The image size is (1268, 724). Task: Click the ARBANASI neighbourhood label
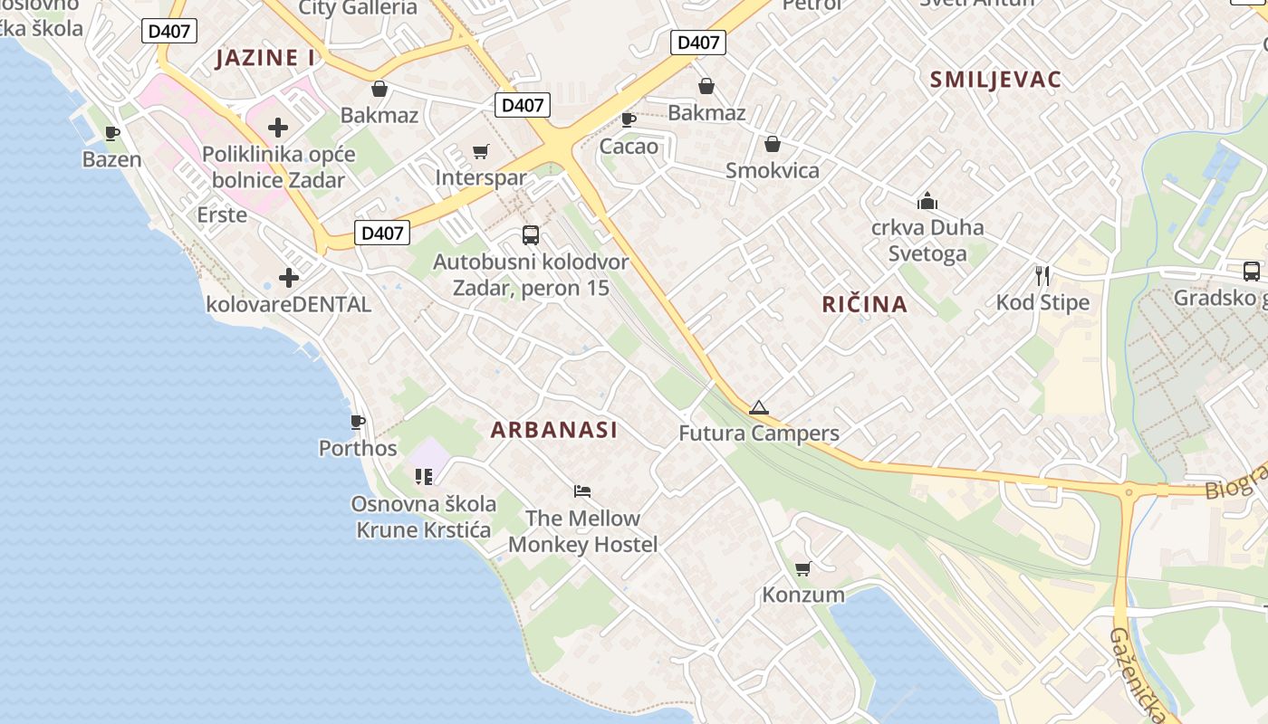click(554, 430)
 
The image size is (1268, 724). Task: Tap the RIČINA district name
click(864, 304)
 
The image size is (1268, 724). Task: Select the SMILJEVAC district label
click(995, 80)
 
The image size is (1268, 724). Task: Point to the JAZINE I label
click(265, 58)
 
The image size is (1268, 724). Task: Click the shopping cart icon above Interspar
click(481, 152)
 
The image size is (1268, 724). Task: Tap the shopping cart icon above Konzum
click(802, 569)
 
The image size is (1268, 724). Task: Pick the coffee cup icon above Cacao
click(629, 119)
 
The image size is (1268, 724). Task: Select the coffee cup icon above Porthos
click(358, 422)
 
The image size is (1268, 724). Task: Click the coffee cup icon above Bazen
click(112, 134)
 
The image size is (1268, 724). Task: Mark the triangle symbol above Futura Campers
click(759, 407)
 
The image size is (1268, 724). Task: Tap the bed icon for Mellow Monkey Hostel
click(582, 491)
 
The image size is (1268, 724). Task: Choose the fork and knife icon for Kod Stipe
click(1042, 276)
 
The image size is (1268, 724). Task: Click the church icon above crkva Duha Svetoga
click(927, 201)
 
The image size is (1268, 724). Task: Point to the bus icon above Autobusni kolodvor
click(531, 235)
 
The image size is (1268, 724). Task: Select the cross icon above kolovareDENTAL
click(289, 278)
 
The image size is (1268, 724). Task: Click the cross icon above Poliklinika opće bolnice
click(278, 128)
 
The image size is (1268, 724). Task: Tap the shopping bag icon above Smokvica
click(773, 144)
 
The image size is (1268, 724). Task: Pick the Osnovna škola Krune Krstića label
click(424, 517)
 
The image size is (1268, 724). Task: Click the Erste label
click(222, 214)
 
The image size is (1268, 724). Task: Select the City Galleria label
click(358, 8)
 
